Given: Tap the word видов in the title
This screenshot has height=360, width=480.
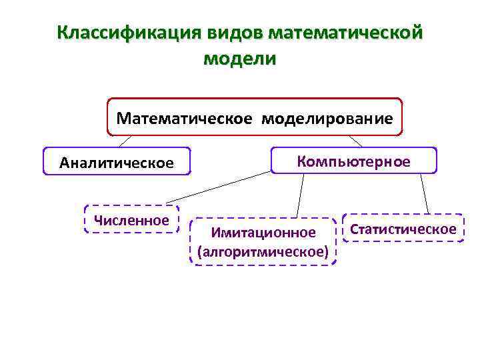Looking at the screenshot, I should [x=228, y=33].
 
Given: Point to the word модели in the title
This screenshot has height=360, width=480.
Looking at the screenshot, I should [x=239, y=59].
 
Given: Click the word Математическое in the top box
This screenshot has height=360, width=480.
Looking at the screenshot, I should [x=185, y=119].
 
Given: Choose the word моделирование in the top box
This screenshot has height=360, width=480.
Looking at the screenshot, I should [x=327, y=119].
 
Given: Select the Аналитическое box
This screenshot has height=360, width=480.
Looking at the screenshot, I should [x=117, y=162].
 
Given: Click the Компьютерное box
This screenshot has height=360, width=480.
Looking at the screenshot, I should [x=354, y=161].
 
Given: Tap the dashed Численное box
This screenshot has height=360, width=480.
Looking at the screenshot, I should [x=132, y=219].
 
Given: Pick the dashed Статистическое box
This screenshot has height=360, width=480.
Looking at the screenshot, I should [x=403, y=229].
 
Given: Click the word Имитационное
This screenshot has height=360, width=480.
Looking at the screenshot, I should [x=263, y=233].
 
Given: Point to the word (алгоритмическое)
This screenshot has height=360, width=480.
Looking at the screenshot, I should [x=263, y=251].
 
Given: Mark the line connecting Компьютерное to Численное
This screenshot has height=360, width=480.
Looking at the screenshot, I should [x=220, y=187].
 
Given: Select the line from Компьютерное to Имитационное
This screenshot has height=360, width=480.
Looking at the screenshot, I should [x=301, y=195].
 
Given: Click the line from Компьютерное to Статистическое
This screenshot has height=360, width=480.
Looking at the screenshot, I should [x=424, y=193].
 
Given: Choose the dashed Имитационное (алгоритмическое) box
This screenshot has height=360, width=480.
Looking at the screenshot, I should [x=263, y=241].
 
